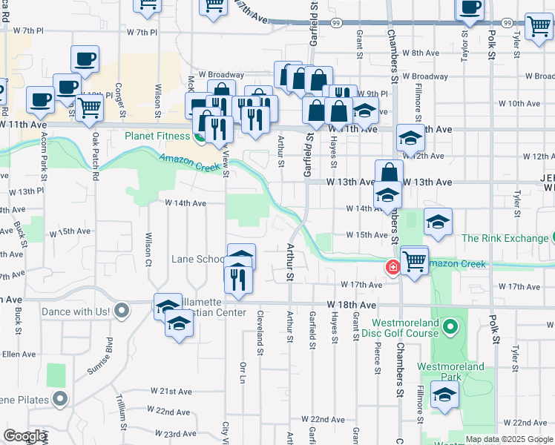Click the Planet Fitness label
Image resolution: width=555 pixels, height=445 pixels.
tap(157, 136)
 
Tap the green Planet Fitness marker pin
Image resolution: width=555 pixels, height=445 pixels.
tap(199, 136)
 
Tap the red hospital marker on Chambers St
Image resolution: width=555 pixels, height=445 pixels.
tap(391, 267)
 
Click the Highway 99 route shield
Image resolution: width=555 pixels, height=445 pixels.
tap(336, 23)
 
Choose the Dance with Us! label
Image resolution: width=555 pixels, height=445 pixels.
tap(76, 313)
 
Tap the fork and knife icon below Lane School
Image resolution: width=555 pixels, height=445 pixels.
tap(239, 279)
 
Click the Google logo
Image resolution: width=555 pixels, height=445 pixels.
tap(24, 436)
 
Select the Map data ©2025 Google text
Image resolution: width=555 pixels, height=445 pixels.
tap(508, 439)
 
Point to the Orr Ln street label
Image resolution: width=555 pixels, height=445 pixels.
tap(243, 374)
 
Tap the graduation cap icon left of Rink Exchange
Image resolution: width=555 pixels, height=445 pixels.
tap(438, 221)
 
